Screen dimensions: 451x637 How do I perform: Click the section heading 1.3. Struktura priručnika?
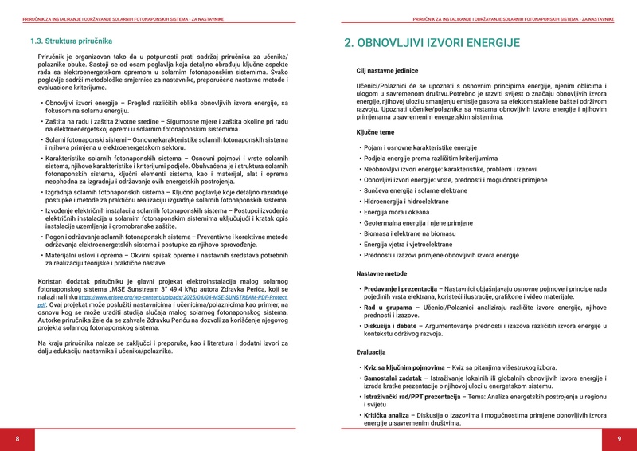click(71, 41)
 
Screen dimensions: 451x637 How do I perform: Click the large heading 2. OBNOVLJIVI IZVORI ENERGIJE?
click(432, 43)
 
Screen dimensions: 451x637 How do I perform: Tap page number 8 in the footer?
click(18, 439)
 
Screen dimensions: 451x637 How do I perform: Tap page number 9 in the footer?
click(619, 439)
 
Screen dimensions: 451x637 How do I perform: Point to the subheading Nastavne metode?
click(381, 273)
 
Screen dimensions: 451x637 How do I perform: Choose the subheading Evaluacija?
click(371, 351)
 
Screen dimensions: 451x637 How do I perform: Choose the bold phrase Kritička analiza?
click(388, 416)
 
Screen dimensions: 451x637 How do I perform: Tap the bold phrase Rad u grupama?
click(388, 308)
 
